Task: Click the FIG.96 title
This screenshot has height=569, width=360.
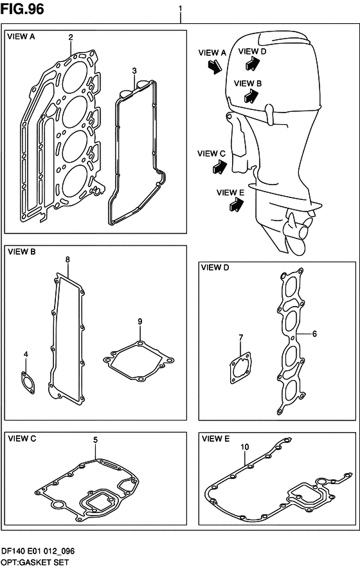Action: [x=22, y=9]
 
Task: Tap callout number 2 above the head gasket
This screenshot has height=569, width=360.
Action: [x=71, y=37]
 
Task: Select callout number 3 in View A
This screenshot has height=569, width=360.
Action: [x=134, y=70]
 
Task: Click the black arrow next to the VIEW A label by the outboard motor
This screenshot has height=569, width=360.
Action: [x=215, y=66]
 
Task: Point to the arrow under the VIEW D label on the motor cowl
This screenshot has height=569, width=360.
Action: [x=253, y=63]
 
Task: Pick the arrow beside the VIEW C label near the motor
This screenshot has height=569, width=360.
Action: [x=220, y=167]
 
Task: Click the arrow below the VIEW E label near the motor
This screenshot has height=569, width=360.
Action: [x=237, y=205]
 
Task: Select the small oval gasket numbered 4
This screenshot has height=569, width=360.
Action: [x=28, y=383]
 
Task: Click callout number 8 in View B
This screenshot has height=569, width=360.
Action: [x=68, y=260]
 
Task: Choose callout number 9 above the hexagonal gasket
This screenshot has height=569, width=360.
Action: [x=140, y=321]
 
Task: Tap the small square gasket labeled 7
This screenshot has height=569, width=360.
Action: [x=240, y=368]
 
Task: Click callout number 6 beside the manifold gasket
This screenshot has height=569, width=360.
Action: [x=314, y=333]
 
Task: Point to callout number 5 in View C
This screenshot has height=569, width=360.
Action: [x=95, y=440]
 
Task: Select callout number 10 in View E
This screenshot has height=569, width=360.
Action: [x=244, y=447]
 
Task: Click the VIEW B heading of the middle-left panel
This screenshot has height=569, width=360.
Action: [x=22, y=251]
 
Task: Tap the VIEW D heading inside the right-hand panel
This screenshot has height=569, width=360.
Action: [x=215, y=267]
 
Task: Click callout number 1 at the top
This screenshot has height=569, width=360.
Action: [x=181, y=8]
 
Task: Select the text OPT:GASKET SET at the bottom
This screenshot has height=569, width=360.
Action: [x=35, y=563]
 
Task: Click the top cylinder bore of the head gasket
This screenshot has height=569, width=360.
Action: [x=75, y=78]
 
